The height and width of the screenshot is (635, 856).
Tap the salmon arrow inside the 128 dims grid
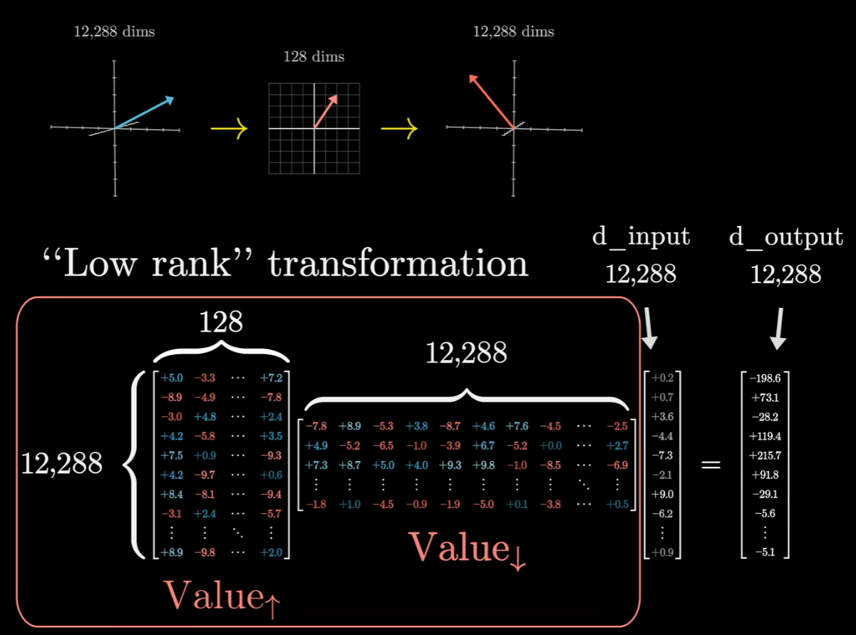(325, 111)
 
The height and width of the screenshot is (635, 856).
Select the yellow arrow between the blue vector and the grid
(229, 128)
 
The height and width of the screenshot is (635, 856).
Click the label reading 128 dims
(314, 56)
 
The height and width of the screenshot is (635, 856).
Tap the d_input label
(641, 237)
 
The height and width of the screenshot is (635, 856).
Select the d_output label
(785, 237)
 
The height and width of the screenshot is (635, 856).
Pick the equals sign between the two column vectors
(710, 465)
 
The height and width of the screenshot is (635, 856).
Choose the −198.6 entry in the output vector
(766, 378)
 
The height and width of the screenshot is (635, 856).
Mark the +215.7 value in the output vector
(766, 455)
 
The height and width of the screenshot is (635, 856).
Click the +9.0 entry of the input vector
(663, 493)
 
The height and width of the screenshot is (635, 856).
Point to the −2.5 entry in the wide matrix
(617, 426)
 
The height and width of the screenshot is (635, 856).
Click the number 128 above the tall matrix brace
(222, 323)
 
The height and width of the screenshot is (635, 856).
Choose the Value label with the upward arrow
(222, 594)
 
